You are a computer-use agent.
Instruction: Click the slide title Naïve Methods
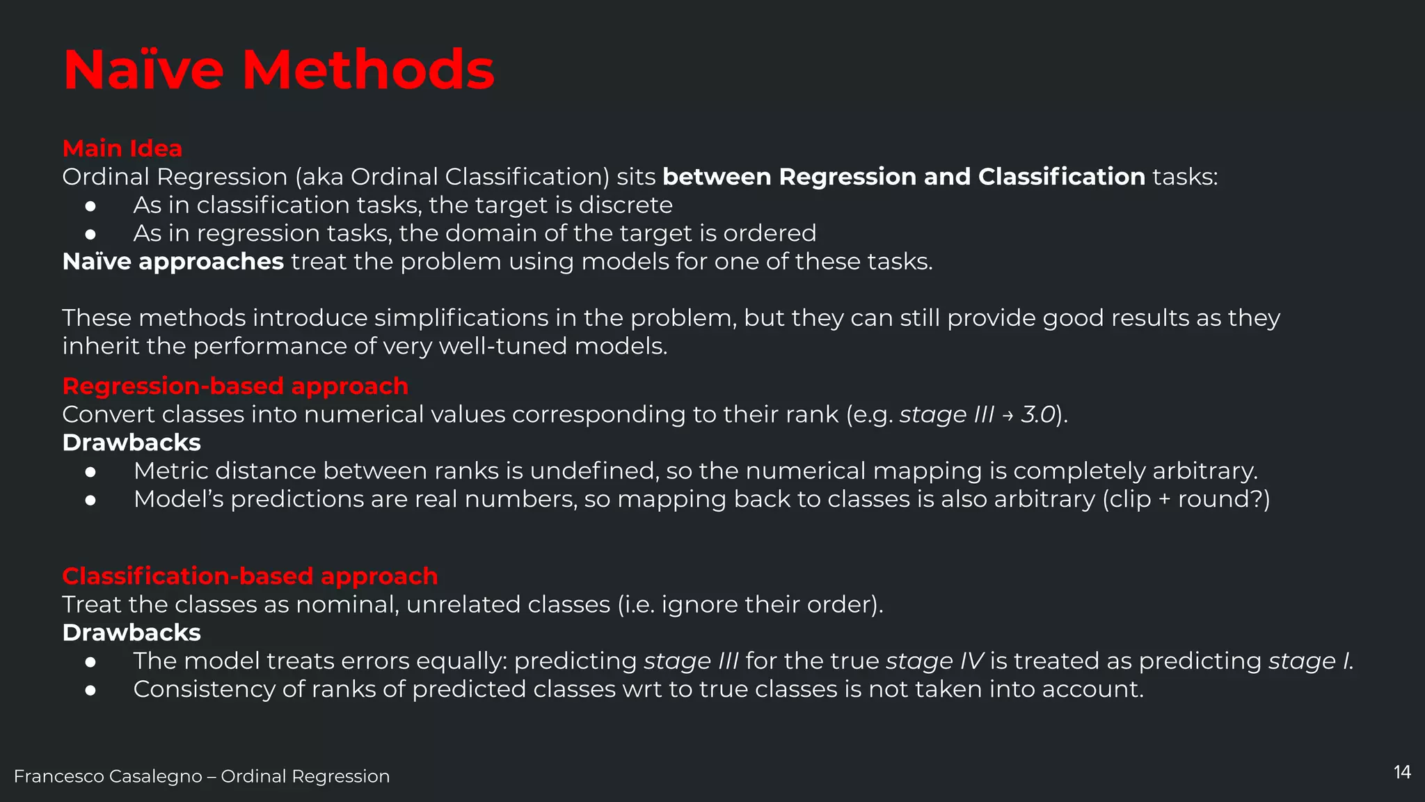[278, 70]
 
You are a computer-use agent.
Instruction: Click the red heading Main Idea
[122, 148]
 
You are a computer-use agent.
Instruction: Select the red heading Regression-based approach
[235, 386]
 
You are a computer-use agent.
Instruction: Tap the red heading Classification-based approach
[250, 576]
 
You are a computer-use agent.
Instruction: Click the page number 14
[1402, 772]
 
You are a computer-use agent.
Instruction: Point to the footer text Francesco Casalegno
[108, 776]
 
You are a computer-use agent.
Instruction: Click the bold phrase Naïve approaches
[173, 262]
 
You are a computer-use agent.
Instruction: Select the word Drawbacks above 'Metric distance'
[132, 443]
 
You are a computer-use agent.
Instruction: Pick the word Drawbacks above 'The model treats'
[132, 633]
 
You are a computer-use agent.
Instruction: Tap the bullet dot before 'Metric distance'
[90, 472]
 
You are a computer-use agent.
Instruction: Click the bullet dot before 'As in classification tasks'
[90, 206]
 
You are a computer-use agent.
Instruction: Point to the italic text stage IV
[934, 661]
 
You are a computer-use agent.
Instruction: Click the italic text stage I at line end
[1310, 661]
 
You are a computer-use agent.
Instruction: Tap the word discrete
[626, 205]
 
